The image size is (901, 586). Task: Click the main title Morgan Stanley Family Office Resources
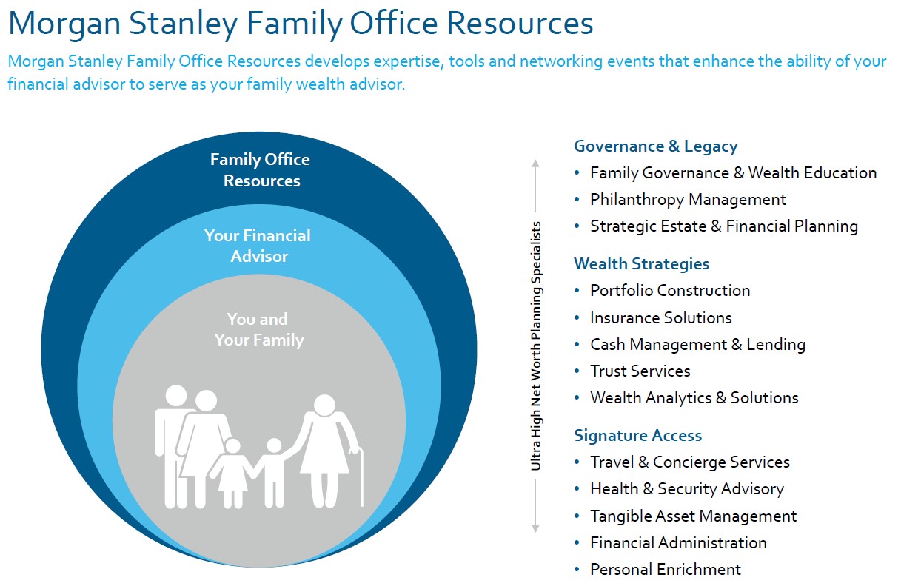click(x=301, y=24)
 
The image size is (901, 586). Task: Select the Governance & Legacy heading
click(x=655, y=146)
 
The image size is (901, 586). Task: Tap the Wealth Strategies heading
click(x=641, y=263)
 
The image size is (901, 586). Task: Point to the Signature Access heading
click(x=637, y=435)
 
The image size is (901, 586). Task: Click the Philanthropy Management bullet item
click(x=688, y=200)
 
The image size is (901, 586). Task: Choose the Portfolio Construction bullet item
click(x=670, y=291)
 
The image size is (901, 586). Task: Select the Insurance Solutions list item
click(x=660, y=317)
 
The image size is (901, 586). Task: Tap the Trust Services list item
click(x=640, y=371)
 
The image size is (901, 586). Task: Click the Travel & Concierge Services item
click(x=689, y=462)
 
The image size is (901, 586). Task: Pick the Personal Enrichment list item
click(x=665, y=569)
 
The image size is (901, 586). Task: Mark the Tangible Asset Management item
click(x=693, y=516)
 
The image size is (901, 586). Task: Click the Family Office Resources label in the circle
click(x=260, y=170)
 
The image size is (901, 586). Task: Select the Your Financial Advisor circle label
click(x=258, y=246)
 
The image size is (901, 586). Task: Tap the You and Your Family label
click(x=258, y=329)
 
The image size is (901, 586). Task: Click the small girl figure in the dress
click(x=232, y=474)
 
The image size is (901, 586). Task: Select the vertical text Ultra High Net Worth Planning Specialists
click(x=536, y=346)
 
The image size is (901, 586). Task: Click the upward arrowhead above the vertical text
click(x=536, y=163)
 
